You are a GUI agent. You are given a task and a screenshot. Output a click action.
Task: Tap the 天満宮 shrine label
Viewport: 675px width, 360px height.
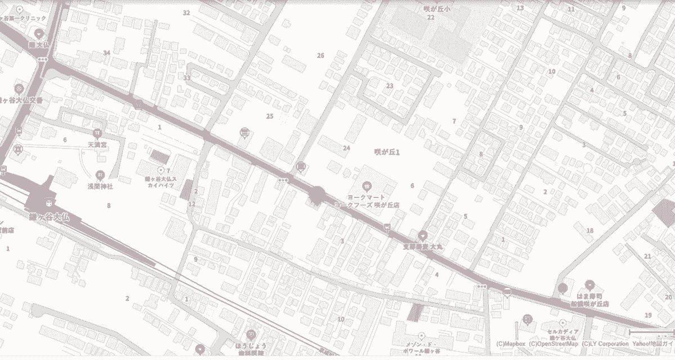[97, 145]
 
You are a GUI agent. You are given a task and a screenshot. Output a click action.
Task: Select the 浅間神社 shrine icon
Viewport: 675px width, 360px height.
[100, 175]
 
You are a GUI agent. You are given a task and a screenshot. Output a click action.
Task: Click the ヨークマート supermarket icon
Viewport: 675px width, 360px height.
[367, 185]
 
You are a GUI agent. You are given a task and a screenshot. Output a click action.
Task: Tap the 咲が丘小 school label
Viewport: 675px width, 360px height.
[438, 9]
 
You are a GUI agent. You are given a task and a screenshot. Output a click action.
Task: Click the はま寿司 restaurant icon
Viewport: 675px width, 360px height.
[589, 285]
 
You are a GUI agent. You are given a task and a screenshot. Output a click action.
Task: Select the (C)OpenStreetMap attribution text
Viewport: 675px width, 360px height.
[553, 344]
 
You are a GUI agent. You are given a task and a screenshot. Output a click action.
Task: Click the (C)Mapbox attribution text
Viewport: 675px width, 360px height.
[511, 344]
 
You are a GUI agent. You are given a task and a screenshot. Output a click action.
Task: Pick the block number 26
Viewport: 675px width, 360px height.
[321, 55]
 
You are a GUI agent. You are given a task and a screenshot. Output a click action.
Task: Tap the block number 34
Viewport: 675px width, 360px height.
[106, 53]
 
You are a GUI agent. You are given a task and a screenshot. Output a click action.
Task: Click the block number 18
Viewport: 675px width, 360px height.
[589, 231]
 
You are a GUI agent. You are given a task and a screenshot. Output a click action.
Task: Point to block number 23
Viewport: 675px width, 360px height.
[389, 85]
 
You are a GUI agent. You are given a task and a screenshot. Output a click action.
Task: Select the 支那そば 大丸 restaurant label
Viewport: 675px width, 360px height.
[424, 246]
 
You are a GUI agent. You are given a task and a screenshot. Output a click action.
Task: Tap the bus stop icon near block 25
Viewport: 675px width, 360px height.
[244, 132]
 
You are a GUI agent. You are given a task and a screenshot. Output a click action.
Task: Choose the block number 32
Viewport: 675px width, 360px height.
[186, 12]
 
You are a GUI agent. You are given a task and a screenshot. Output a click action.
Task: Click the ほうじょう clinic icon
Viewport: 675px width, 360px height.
[251, 334]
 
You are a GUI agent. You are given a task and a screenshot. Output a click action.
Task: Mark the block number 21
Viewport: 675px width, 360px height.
[647, 256]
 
